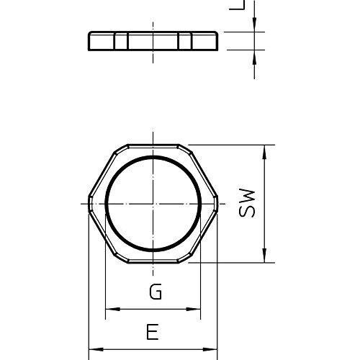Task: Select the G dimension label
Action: [153, 292]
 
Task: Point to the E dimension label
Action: [152, 332]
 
